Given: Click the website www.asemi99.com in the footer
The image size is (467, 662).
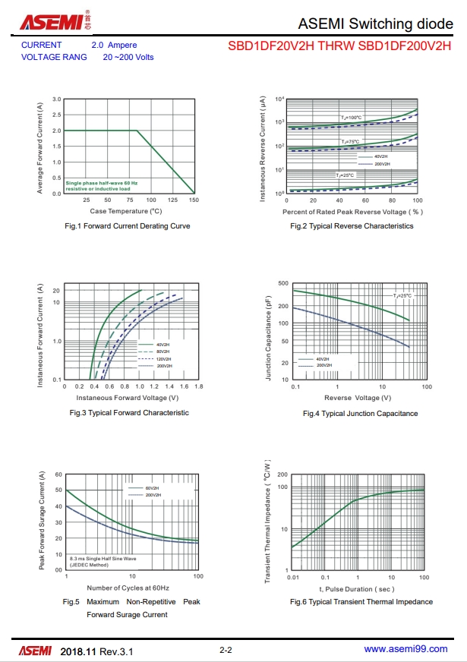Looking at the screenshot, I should pyautogui.click(x=405, y=649).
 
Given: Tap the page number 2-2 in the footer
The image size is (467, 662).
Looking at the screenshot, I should pyautogui.click(x=226, y=650).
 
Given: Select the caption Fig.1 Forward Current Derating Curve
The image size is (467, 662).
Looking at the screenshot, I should pyautogui.click(x=127, y=225).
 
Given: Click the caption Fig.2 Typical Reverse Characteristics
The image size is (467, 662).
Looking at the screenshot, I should pyautogui.click(x=352, y=225).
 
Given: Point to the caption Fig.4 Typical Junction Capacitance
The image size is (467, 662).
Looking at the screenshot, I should pyautogui.click(x=360, y=414).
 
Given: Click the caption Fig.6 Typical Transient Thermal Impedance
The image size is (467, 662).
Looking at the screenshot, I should pyautogui.click(x=361, y=601).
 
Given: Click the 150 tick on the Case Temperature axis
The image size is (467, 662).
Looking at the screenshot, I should pyautogui.click(x=194, y=200).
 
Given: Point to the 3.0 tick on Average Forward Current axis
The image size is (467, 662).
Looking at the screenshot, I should pyautogui.click(x=57, y=99).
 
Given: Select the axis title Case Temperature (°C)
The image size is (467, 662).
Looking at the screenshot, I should pyautogui.click(x=126, y=211).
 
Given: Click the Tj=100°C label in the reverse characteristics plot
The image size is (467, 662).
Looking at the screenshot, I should pyautogui.click(x=352, y=118).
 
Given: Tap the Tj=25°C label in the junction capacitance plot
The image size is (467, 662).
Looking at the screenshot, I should pyautogui.click(x=402, y=295).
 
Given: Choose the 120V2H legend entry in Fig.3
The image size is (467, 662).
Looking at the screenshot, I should pyautogui.click(x=163, y=358).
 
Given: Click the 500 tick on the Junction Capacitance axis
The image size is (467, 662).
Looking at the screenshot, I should pyautogui.click(x=283, y=283).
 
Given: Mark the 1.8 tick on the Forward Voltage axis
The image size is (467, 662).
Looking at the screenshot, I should pyautogui.click(x=199, y=386).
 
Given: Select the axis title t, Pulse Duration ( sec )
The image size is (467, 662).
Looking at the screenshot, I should pyautogui.click(x=357, y=588).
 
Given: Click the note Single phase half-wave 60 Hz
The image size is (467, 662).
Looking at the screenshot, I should pyautogui.click(x=102, y=183).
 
